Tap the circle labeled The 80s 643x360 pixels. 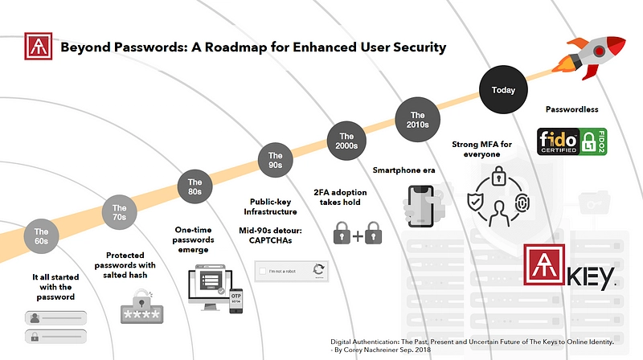coord(195,186)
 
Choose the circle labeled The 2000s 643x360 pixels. coord(346,141)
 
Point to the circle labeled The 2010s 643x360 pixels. coord(417,121)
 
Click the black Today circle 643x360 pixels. coord(503,91)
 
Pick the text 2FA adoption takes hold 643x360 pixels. coord(354,197)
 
